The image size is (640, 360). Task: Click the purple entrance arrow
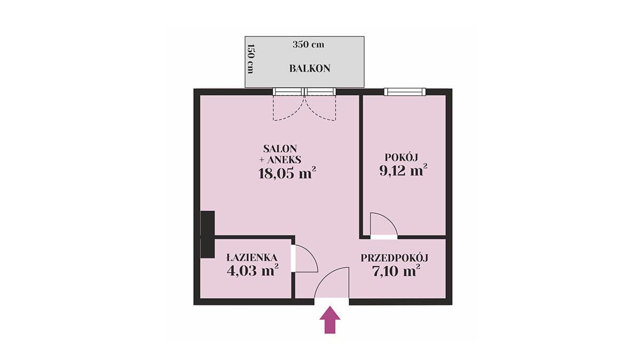tap(330, 319)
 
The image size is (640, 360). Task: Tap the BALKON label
tap(310, 69)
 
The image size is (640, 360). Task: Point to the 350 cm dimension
tap(308, 45)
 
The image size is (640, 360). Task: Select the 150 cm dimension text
tap(251, 59)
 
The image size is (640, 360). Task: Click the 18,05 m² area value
tap(287, 173)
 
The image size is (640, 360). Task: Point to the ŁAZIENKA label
tap(251, 257)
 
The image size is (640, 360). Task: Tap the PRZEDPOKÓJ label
tap(394, 258)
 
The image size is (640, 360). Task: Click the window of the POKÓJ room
tap(405, 92)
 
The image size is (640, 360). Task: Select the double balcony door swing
tap(305, 108)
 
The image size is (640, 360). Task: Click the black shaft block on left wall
tap(207, 235)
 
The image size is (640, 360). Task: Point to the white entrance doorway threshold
tap(331, 302)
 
